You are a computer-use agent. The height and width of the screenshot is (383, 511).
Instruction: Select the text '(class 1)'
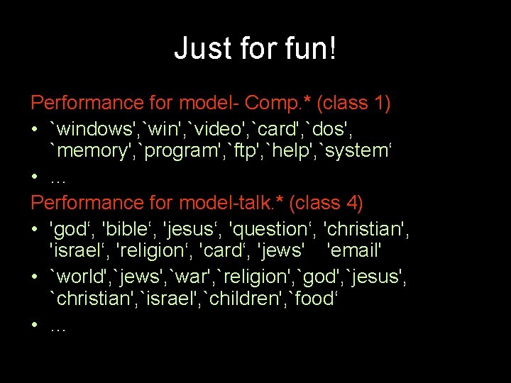pyautogui.click(x=353, y=103)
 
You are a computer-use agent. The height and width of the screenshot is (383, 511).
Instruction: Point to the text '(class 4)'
pyautogui.click(x=326, y=204)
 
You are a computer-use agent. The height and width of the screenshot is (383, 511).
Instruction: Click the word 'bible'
pyautogui.click(x=129, y=229)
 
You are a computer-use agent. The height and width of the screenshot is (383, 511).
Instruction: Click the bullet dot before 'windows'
pyautogui.click(x=35, y=130)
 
